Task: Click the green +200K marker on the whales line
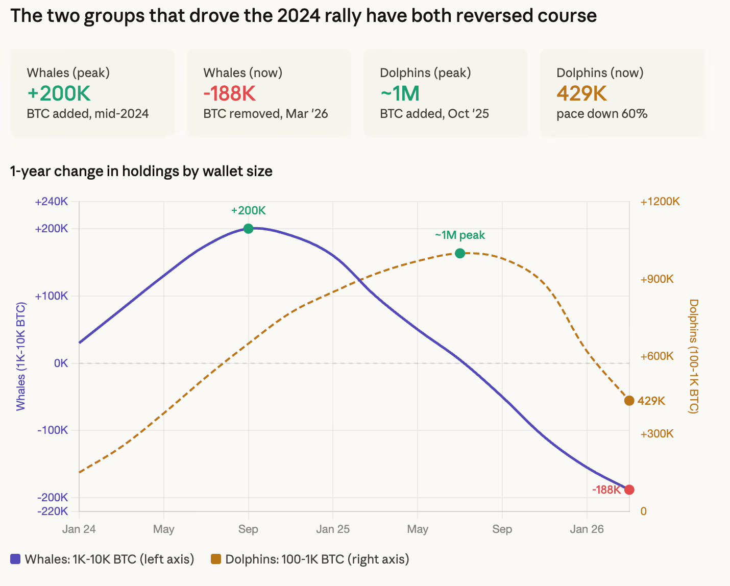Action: coord(248,229)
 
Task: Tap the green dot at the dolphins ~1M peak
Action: coord(460,253)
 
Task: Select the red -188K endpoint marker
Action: coord(629,490)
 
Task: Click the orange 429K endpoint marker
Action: coord(629,401)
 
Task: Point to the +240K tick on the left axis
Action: coord(52,202)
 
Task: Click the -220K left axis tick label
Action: coord(53,511)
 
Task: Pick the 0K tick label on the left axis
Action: coord(61,363)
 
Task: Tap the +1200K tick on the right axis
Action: coord(660,202)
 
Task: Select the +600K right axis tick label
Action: coord(657,356)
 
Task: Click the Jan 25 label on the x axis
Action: coord(333,529)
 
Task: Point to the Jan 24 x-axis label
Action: coord(79,529)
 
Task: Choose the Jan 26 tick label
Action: coord(587,529)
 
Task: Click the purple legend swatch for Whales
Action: coord(15,559)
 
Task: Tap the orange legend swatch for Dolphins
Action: coord(216,559)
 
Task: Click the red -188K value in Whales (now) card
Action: coord(230,93)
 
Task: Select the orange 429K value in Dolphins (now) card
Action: coord(582,93)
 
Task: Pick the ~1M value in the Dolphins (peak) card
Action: coord(400,93)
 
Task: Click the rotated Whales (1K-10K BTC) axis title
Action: coord(20,356)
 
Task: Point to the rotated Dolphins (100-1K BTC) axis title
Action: coord(694,356)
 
